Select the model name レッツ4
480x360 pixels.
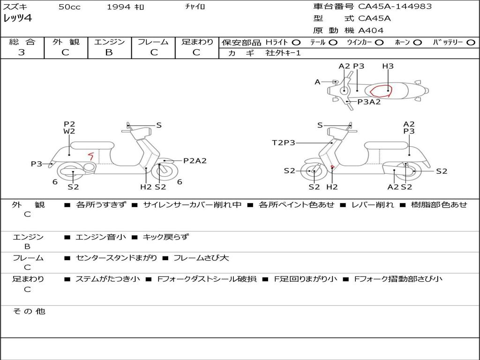pos(18,19)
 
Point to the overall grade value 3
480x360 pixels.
pos(22,52)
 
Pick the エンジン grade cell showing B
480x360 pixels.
pos(109,52)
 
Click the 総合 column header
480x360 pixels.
pos(22,42)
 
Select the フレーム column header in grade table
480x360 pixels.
pos(153,42)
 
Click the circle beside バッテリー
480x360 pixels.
pos(471,42)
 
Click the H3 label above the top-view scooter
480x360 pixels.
pos(388,66)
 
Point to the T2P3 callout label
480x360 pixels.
pos(284,142)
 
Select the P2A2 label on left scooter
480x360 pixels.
pos(195,161)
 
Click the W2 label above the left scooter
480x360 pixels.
pos(69,131)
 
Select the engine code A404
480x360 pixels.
pos(371,30)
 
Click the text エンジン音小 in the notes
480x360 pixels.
pos(100,237)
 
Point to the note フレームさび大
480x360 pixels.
pos(201,258)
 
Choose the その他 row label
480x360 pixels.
pos(29,311)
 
